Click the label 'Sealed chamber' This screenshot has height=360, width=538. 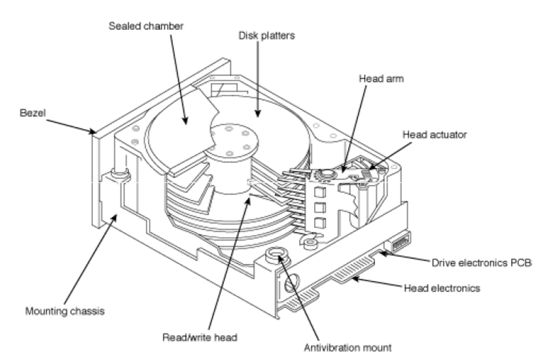pyautogui.click(x=146, y=26)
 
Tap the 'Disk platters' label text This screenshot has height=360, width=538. pyautogui.click(x=266, y=36)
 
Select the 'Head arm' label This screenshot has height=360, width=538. pyautogui.click(x=381, y=79)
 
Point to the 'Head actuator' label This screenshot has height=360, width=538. pyautogui.click(x=435, y=135)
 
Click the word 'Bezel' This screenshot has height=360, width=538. pyautogui.click(x=33, y=113)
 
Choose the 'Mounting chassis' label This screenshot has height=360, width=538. pyautogui.click(x=65, y=312)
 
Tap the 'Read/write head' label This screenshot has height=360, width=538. pyautogui.click(x=199, y=338)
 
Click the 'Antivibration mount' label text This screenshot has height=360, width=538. pyautogui.click(x=348, y=348)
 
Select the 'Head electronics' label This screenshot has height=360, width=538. pyautogui.click(x=442, y=289)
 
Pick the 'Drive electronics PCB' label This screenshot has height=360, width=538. pyautogui.click(x=481, y=263)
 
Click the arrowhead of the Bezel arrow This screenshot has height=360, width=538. pyautogui.click(x=92, y=132)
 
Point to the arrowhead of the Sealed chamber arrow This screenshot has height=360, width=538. pyautogui.click(x=185, y=120)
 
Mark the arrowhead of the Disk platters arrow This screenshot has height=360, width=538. pyautogui.click(x=258, y=113)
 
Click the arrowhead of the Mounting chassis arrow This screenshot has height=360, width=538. pyautogui.click(x=115, y=218)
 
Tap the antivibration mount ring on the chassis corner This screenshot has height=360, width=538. pyautogui.click(x=276, y=254)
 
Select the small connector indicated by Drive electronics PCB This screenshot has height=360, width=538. pyautogui.click(x=397, y=242)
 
